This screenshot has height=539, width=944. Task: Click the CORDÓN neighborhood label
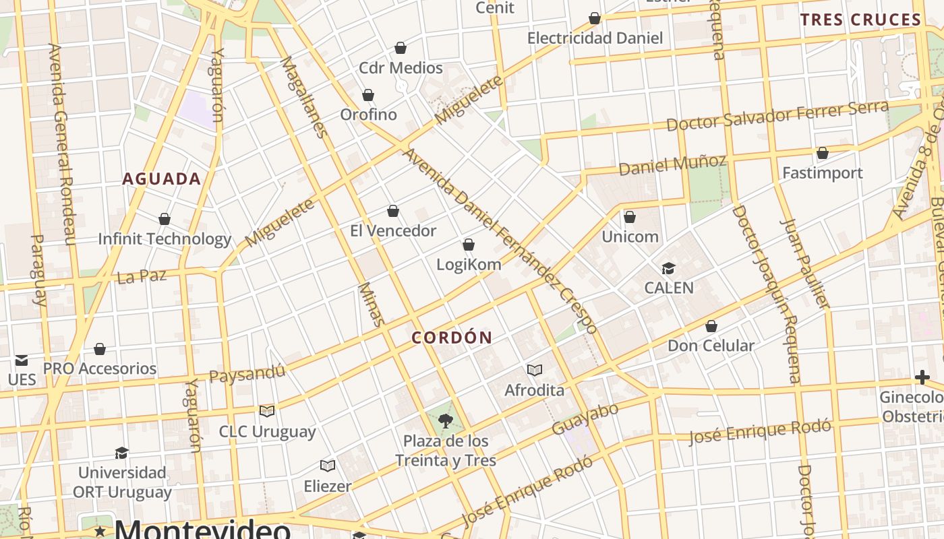[x=452, y=338]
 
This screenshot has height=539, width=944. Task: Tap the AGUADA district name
[x=162, y=179]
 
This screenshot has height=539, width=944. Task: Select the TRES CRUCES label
[x=860, y=20]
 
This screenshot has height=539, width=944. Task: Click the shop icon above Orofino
[x=368, y=95]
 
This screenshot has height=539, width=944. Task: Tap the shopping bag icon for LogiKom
[x=469, y=245]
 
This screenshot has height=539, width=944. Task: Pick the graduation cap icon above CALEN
[x=668, y=268]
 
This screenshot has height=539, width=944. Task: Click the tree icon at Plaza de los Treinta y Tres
[x=445, y=422]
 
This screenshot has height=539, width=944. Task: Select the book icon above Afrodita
[x=535, y=370]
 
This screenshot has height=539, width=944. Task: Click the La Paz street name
[x=142, y=276]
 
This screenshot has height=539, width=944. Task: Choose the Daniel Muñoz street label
[x=672, y=164]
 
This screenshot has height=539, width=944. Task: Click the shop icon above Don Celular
[x=711, y=327]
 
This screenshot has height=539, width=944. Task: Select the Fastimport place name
[x=822, y=173]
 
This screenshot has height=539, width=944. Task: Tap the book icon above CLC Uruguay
[x=267, y=411]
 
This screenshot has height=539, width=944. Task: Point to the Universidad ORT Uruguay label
[x=122, y=482]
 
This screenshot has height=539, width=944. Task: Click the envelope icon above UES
[x=22, y=360]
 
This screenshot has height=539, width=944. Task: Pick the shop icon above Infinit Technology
[x=165, y=219]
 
